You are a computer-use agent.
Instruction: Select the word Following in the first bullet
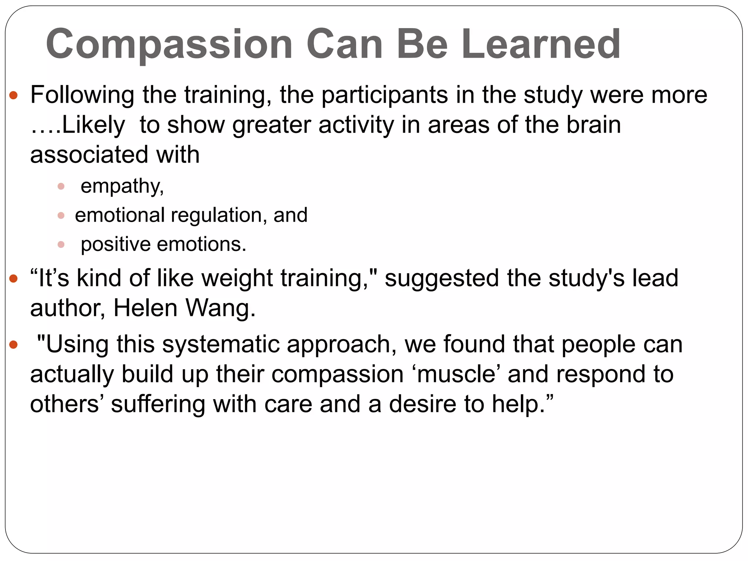point(82,95)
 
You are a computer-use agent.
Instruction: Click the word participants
point(385,95)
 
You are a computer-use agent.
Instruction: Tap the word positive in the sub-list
point(115,244)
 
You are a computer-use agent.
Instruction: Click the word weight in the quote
point(237,278)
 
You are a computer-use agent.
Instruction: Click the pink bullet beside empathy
point(61,187)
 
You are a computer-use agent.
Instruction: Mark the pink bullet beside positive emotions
point(61,244)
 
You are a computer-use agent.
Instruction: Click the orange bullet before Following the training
point(14,96)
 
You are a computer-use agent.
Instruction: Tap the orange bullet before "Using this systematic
point(14,345)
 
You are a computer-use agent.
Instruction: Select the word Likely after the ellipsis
point(93,125)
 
